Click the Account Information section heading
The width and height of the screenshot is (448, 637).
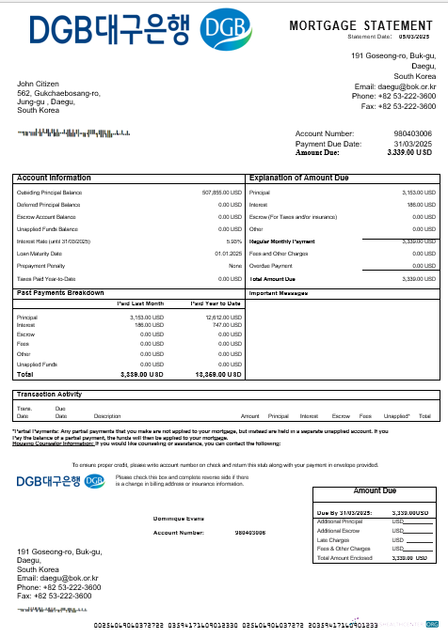54,177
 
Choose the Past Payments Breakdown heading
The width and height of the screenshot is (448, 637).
60,293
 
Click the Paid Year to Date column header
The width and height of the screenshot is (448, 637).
216,304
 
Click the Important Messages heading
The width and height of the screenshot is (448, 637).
280,293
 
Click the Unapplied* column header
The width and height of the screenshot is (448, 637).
397,415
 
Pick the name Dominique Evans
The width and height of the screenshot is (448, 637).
177,518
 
